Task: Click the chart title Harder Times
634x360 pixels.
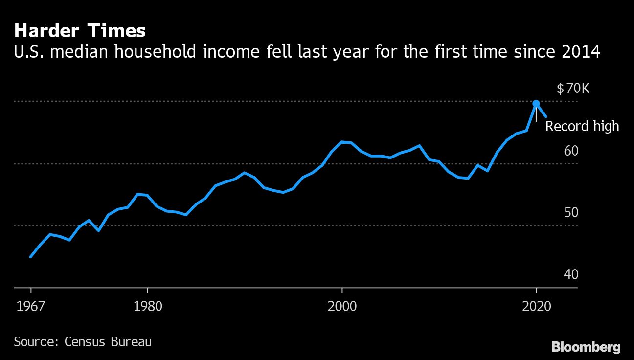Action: tap(80, 31)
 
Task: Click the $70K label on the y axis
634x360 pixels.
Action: tap(574, 89)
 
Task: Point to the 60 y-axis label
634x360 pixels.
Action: tap(571, 151)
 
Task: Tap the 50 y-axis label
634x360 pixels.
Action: tap(571, 213)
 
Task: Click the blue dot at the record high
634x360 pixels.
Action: tap(536, 103)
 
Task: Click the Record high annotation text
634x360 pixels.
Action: tap(582, 126)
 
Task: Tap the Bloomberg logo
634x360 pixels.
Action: tap(586, 347)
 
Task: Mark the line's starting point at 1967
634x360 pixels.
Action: tap(30, 256)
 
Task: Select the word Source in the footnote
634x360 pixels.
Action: tap(34, 341)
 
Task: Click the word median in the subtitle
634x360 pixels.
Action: tap(80, 51)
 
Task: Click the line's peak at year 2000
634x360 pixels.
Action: tap(342, 142)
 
